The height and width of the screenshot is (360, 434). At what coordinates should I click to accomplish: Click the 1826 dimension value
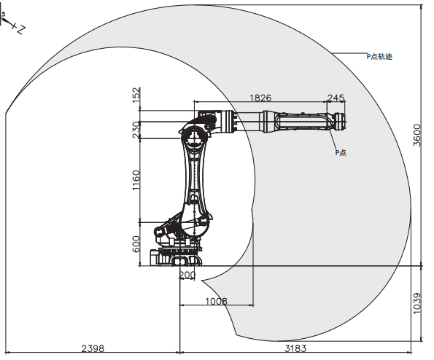click(260, 98)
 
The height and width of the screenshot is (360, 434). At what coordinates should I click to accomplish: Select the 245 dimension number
click(336, 98)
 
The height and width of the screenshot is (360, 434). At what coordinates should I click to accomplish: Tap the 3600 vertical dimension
click(416, 136)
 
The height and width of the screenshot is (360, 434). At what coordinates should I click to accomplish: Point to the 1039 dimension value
click(416, 303)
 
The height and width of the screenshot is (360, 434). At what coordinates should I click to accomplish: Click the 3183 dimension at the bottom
click(295, 348)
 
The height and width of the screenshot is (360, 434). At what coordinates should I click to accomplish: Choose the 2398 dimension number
click(93, 348)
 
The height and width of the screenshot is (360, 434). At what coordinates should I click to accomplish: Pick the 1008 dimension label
click(216, 301)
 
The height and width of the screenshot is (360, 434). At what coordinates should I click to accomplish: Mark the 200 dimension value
click(187, 275)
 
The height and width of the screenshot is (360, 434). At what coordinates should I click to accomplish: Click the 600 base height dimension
click(136, 244)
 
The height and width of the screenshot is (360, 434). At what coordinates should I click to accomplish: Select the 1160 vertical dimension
click(136, 180)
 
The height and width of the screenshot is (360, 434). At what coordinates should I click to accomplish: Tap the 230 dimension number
click(136, 130)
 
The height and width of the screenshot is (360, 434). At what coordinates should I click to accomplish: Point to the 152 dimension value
click(136, 95)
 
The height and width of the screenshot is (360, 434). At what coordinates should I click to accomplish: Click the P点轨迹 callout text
click(379, 56)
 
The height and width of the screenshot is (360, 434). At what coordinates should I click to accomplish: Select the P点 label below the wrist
click(341, 152)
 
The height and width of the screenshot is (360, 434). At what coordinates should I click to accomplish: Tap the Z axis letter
click(21, 29)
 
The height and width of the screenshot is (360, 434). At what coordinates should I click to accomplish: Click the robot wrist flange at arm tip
click(341, 122)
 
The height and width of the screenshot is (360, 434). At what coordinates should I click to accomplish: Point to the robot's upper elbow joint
click(195, 138)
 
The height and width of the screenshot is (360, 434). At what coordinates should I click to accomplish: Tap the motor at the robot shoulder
click(159, 231)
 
